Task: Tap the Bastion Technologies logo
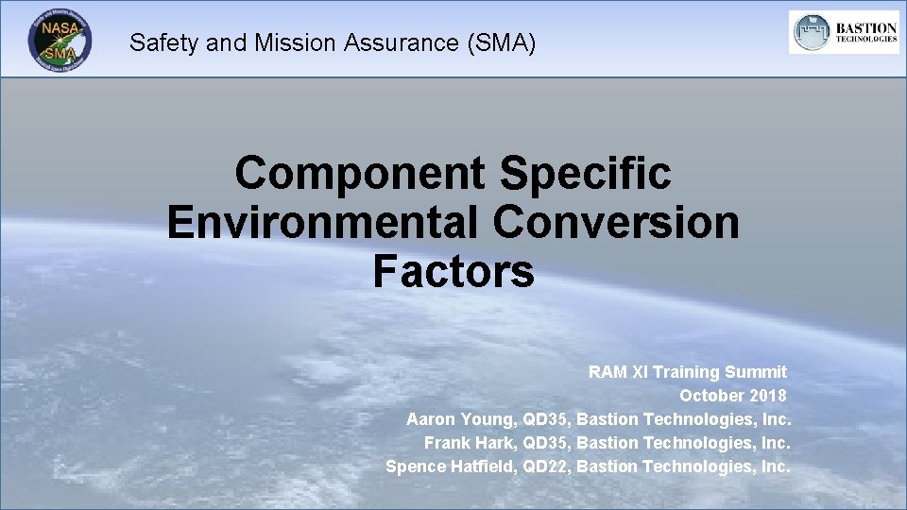[x=844, y=33]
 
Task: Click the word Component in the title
[x=360, y=173]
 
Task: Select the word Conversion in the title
[x=617, y=223]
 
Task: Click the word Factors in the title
[x=453, y=272]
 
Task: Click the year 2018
[x=767, y=396]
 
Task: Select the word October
[x=711, y=396]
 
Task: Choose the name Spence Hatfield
[x=450, y=466]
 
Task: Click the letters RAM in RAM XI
[x=608, y=372]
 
